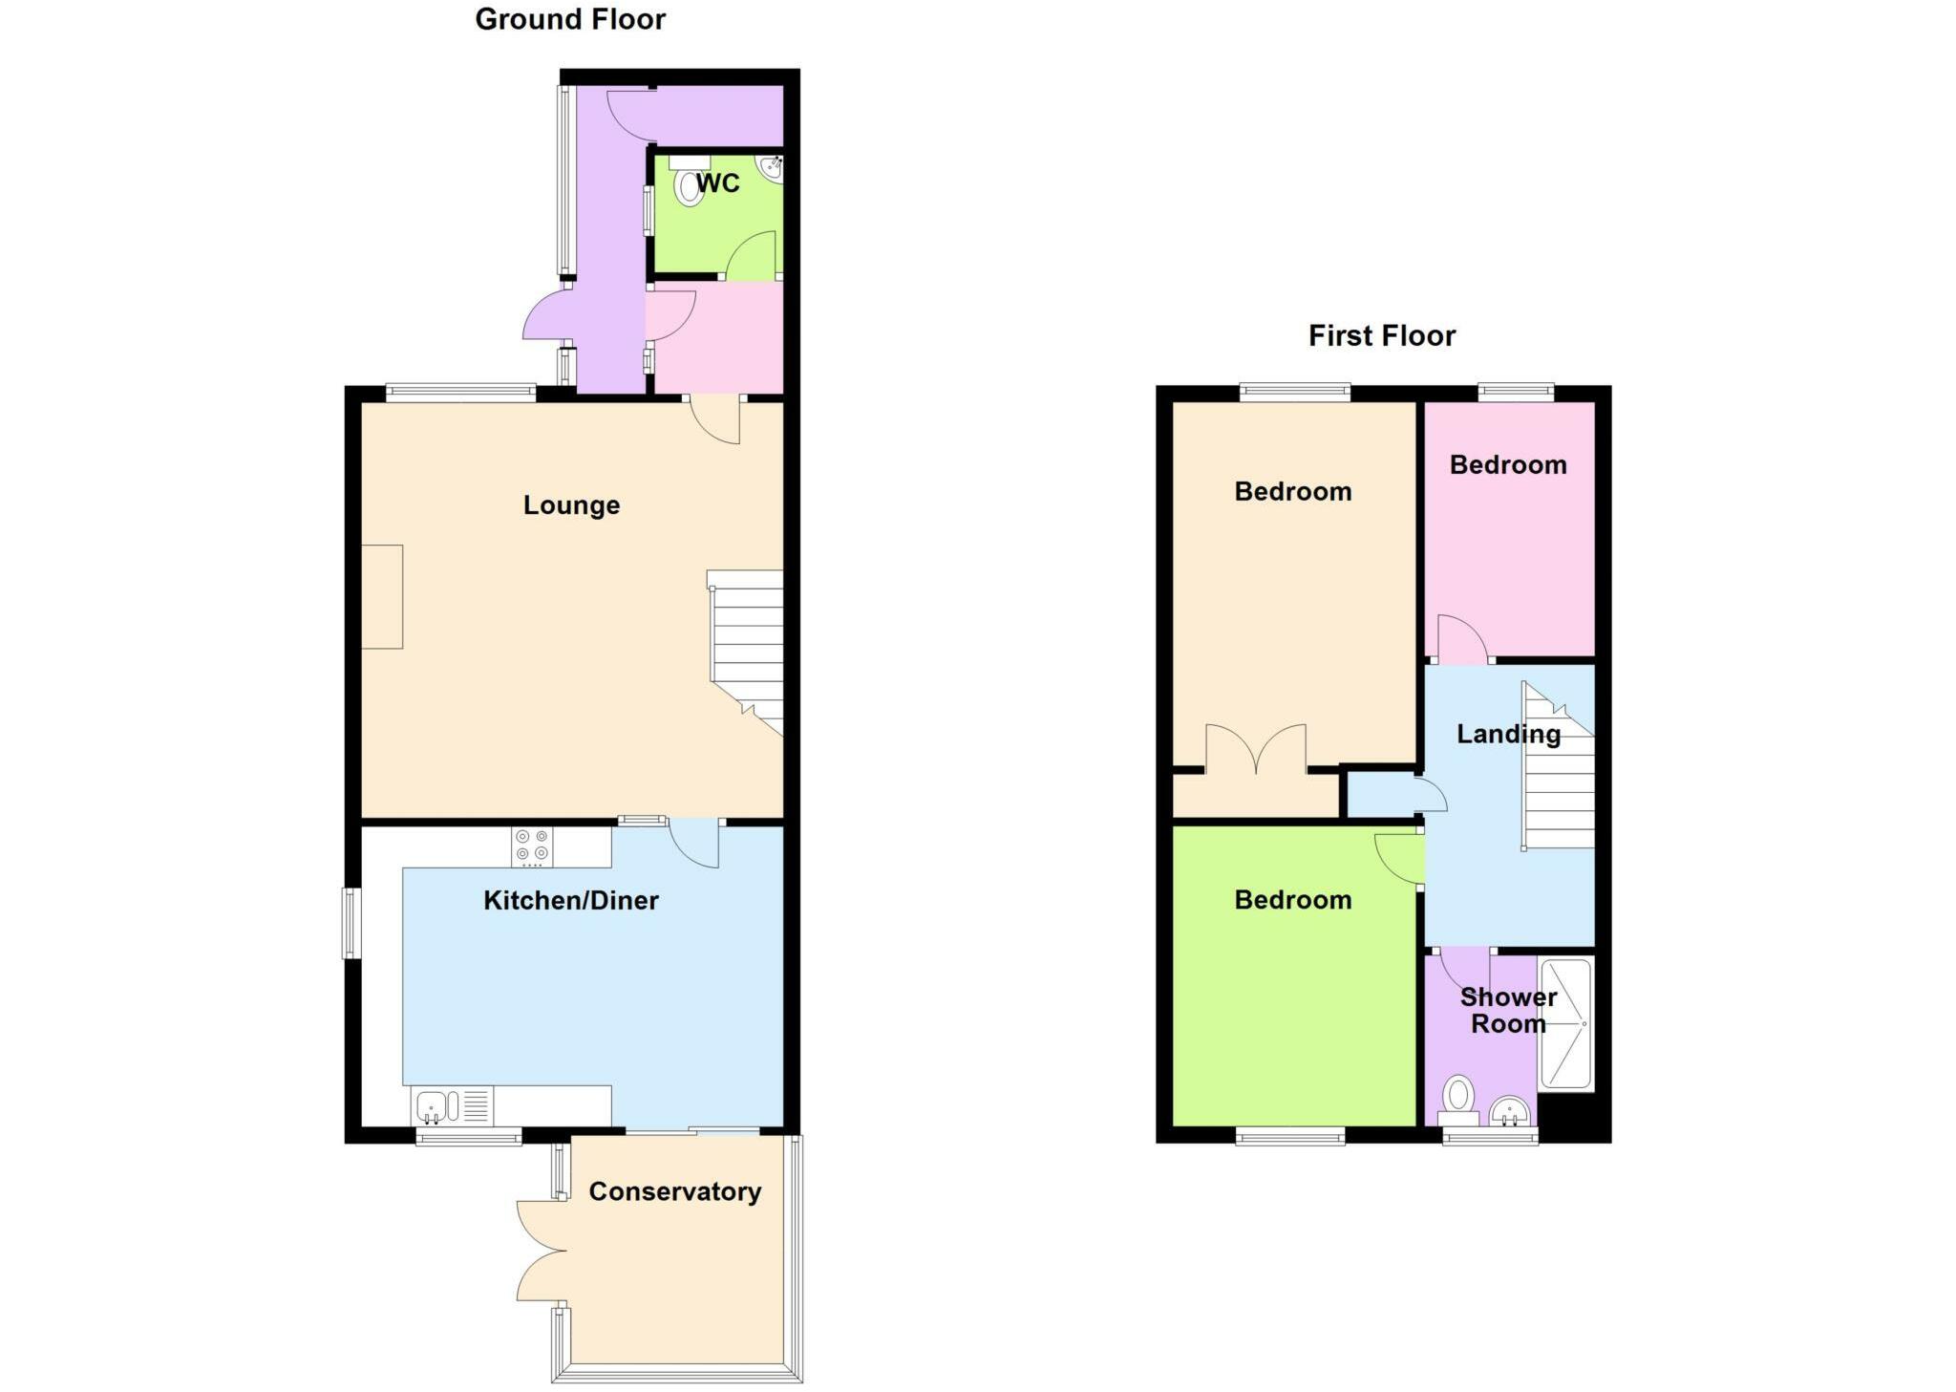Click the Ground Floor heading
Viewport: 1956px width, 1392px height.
(570, 19)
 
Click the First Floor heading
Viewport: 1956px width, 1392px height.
(1381, 335)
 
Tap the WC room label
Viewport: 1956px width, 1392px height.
(717, 183)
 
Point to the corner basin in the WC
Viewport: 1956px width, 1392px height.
(771, 168)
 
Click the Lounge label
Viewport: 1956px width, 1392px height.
(571, 504)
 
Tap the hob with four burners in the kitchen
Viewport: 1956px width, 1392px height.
(532, 846)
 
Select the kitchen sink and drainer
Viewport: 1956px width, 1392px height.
(452, 1106)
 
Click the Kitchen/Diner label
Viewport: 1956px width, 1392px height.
(570, 900)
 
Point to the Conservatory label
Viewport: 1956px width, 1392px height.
(674, 1191)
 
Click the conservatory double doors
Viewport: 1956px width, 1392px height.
(541, 1251)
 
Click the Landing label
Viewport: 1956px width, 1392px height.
(1508, 734)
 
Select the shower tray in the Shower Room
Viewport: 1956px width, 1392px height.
(1565, 1024)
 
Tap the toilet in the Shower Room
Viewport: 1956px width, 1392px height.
(1457, 1099)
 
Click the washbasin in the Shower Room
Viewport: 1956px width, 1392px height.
(1510, 1111)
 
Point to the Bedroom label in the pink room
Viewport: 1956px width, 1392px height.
(1507, 465)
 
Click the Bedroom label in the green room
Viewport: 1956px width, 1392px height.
(1292, 900)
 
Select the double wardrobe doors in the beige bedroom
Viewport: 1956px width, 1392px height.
(1255, 749)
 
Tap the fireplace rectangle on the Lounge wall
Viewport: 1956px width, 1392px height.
(382, 597)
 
